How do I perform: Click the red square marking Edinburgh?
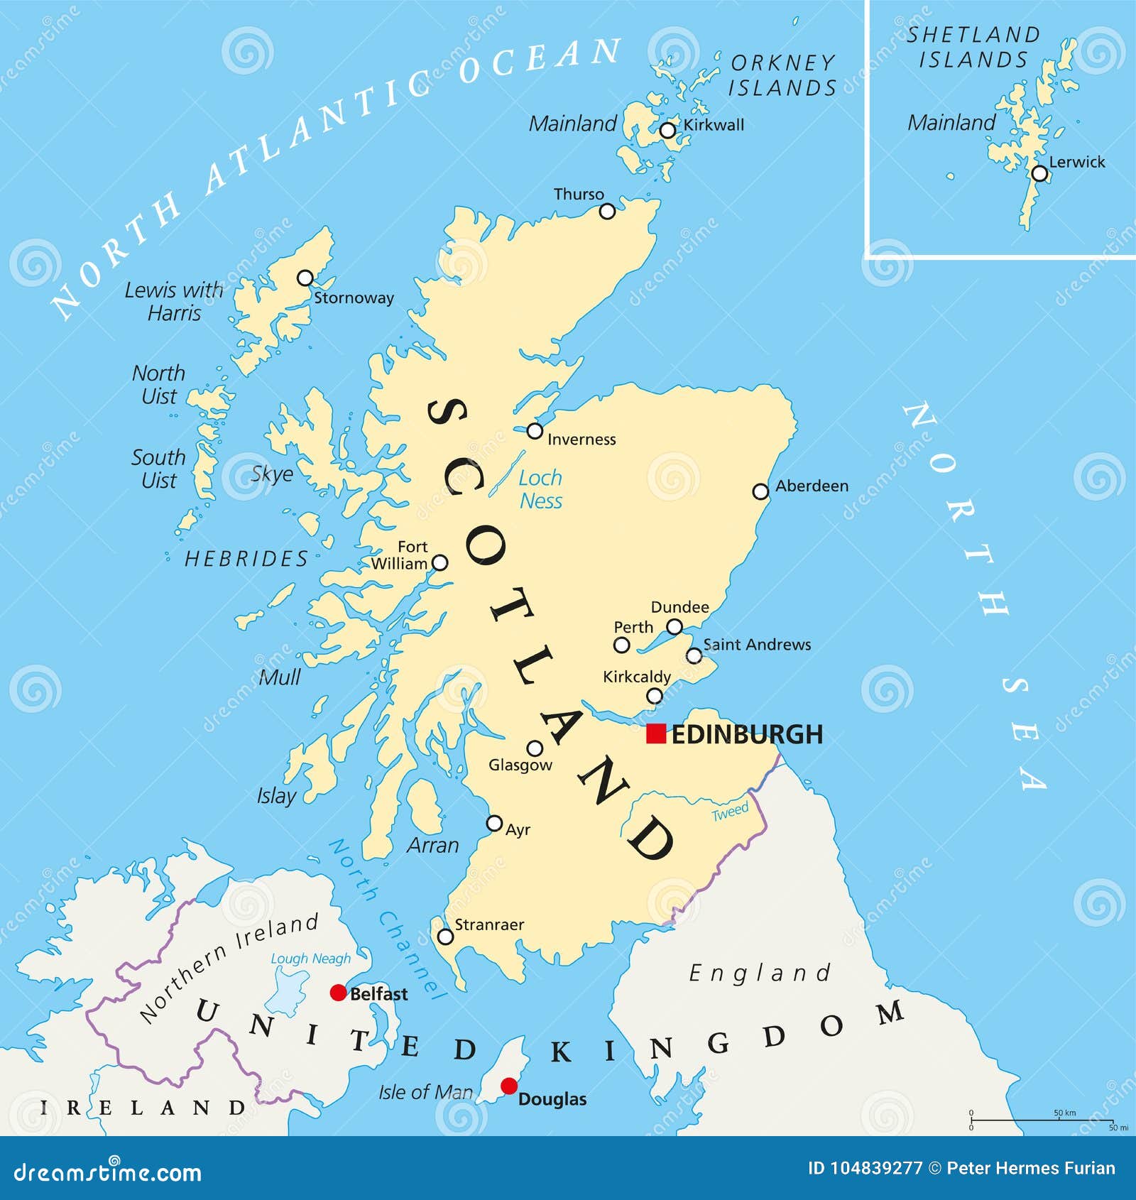[656, 733]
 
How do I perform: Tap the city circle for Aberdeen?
[760, 491]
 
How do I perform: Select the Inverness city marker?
[535, 431]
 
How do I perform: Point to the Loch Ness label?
[540, 489]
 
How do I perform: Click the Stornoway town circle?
[305, 278]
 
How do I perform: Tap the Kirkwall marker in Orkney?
[667, 130]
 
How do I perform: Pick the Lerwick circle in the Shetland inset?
[1039, 173]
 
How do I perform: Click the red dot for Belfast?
[339, 993]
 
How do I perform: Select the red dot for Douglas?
[509, 1086]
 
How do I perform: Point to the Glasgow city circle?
[535, 748]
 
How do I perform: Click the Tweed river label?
[731, 812]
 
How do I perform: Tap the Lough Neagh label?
[311, 959]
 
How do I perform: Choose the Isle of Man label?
[425, 1092]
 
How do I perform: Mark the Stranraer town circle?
[445, 937]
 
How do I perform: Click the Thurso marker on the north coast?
[607, 211]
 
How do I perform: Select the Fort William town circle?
[440, 563]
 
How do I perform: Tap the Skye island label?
[273, 474]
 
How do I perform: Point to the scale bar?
[1041, 1120]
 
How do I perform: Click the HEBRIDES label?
[246, 559]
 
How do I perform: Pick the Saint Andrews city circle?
[694, 655]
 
